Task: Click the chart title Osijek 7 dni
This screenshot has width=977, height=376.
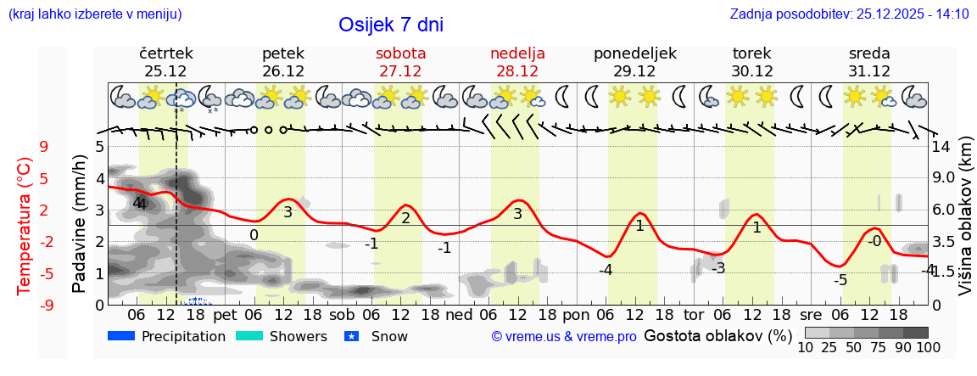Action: [390, 25]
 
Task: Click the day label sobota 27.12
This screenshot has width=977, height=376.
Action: [400, 62]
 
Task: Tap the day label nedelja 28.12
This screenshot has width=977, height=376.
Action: [517, 62]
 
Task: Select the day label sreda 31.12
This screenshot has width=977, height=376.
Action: [869, 62]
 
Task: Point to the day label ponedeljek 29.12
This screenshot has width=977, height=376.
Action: [634, 62]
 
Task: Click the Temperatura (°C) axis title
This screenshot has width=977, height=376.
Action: [24, 226]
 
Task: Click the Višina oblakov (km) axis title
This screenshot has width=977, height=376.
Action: [965, 226]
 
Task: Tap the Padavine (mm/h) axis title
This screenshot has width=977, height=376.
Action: [80, 224]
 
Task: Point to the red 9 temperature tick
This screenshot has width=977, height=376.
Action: [44, 147]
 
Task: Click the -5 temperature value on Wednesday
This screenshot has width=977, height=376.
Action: [840, 280]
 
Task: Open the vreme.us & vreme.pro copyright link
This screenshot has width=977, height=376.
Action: [564, 336]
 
